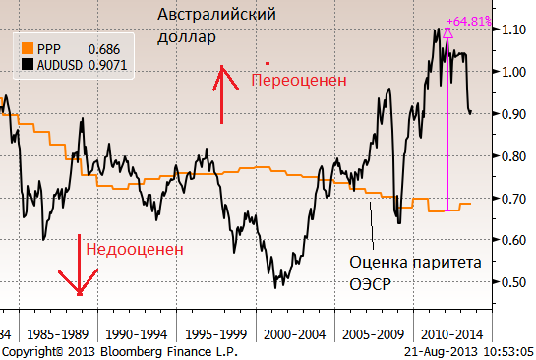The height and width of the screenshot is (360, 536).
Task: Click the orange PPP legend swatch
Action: click(x=28, y=47)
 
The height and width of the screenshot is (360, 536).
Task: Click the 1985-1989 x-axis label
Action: click(x=56, y=333)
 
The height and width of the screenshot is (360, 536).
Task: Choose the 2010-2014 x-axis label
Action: click(x=449, y=333)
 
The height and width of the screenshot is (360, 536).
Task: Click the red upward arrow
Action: click(x=222, y=94)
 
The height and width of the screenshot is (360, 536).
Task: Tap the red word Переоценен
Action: click(x=299, y=80)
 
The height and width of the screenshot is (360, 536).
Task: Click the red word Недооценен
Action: click(x=135, y=249)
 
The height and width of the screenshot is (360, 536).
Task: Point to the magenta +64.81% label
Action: click(x=467, y=21)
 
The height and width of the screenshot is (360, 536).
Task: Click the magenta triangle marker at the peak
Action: click(x=447, y=32)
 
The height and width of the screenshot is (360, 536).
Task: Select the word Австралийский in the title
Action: click(x=219, y=16)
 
